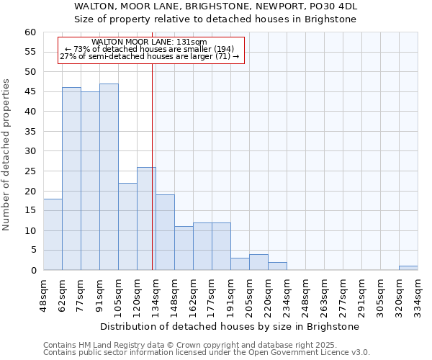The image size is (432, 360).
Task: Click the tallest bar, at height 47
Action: pos(109,177)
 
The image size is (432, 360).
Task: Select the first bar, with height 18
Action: pos(53,235)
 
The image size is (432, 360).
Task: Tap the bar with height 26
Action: pos(146,219)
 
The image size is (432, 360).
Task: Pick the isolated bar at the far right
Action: pos(408,268)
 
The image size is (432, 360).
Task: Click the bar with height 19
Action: pos(165,233)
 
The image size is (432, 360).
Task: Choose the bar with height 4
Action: pos(258,262)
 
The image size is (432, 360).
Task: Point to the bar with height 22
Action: pos(127,227)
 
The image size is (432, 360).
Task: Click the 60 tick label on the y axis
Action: pos(30,32)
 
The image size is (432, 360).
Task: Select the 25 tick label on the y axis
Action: pos(30,171)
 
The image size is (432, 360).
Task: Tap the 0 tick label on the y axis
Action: pos(32,271)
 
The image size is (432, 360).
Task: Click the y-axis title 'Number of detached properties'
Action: pos(7,155)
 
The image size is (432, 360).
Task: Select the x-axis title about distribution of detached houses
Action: pos(229,326)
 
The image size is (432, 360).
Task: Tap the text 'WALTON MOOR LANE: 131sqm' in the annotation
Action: pos(150,42)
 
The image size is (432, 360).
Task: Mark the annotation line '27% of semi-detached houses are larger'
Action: pos(150,56)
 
